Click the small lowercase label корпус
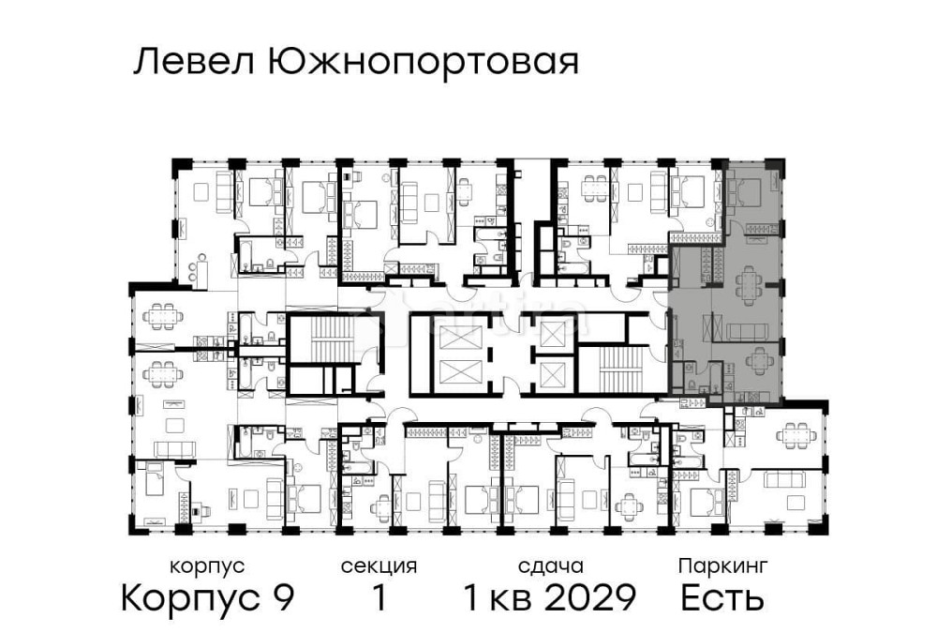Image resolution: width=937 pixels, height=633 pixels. point(207,566)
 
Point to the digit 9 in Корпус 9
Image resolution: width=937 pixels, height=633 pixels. point(282,596)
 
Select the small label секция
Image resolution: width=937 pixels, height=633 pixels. point(379,566)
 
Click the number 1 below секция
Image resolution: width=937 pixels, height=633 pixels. point(379,596)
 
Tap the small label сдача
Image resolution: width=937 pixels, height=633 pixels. point(551,566)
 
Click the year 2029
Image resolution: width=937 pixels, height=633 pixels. point(591,596)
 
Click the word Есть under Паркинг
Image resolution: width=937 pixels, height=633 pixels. point(722,596)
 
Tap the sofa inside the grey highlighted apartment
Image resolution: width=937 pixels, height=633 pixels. point(748,330)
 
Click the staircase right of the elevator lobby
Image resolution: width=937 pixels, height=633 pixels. point(614,368)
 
